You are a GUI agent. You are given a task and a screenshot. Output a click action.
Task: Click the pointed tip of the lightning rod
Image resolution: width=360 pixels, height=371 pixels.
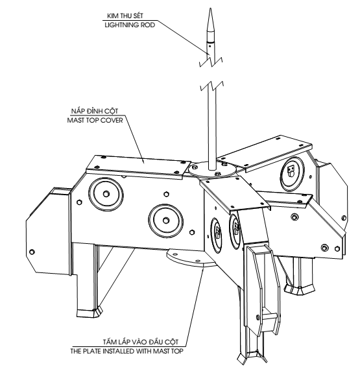pyautogui.click(x=210, y=8)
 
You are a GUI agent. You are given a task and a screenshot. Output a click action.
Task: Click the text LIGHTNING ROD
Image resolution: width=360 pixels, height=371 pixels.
pyautogui.click(x=130, y=25)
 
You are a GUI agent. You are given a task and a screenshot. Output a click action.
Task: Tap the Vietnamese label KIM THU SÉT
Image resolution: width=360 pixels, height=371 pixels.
pyautogui.click(x=125, y=16)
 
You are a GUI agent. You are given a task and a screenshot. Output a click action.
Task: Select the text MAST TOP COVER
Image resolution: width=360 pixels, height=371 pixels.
pyautogui.click(x=95, y=120)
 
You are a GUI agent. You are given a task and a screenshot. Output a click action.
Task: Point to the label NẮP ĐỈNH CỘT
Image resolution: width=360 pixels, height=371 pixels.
pyautogui.click(x=95, y=111)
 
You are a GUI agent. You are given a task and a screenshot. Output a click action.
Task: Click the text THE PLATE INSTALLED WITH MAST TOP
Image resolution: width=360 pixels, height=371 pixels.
pyautogui.click(x=127, y=351)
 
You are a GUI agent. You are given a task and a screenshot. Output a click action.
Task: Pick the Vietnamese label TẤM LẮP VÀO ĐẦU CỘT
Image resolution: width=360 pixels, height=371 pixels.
pyautogui.click(x=141, y=342)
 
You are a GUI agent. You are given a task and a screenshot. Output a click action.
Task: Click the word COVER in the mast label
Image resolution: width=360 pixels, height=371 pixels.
pyautogui.click(x=112, y=120)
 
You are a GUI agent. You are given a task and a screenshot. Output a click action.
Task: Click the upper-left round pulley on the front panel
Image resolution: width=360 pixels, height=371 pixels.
pyautogui.click(x=106, y=193)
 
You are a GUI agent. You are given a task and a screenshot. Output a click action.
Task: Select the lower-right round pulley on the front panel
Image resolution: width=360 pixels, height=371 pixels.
pyautogui.click(x=166, y=221)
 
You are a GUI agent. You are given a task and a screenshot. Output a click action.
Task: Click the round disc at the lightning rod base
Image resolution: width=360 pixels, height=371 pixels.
pyautogui.click(x=212, y=169)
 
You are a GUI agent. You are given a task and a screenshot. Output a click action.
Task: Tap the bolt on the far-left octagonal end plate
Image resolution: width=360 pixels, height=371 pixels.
pyautogui.click(x=32, y=252)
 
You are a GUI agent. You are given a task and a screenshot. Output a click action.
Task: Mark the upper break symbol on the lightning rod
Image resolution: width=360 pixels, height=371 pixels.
pyautogui.click(x=211, y=61)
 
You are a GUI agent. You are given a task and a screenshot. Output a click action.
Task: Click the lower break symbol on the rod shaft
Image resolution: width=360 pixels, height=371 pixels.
pyautogui.click(x=212, y=86)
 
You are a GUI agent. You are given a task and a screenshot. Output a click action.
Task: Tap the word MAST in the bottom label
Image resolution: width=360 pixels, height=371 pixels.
pyautogui.click(x=161, y=351)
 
